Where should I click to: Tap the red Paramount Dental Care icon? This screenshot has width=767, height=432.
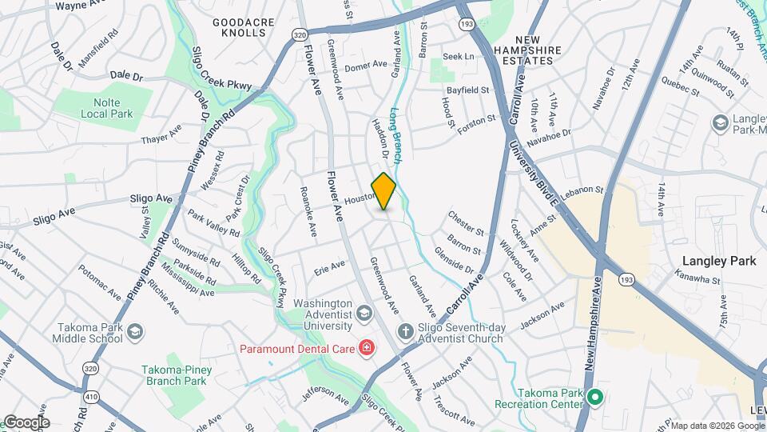click(366, 347)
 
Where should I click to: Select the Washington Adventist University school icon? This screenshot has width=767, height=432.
click(364, 312)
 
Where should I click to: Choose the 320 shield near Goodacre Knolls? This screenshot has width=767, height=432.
click(299, 35)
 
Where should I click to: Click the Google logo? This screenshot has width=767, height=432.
click(26, 422)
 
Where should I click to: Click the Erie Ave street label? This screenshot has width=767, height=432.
click(329, 266)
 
